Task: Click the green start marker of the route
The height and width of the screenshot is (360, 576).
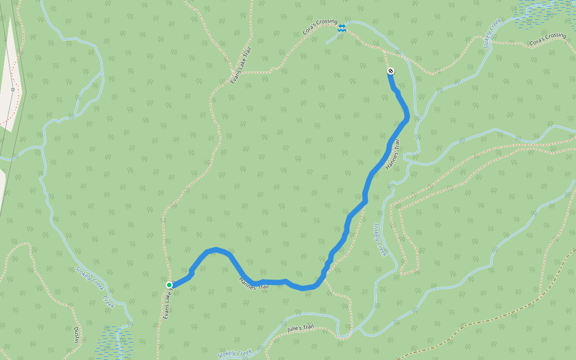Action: (169, 285)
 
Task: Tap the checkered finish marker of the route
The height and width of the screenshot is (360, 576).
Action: (391, 71)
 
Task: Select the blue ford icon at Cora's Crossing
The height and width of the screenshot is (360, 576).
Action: (341, 29)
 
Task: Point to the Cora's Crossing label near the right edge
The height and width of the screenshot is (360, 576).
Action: (548, 40)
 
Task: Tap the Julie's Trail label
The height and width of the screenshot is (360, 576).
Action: (301, 328)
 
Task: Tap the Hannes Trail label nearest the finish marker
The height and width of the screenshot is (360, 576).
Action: (392, 153)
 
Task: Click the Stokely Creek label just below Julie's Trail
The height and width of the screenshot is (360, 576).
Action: (235, 354)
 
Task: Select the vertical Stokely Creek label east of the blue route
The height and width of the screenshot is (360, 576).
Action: (380, 240)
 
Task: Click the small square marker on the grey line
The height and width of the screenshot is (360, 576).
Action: (13, 90)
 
